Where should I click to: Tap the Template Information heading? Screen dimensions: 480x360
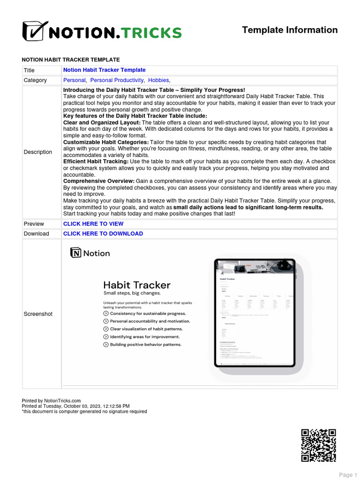tap(289, 30)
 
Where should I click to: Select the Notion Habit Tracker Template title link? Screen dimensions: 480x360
tap(104, 70)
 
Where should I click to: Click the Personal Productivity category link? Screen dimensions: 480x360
tap(117, 80)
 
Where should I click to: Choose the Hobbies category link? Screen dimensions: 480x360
tap(158, 80)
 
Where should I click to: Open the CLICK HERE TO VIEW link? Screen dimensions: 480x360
tap(93, 224)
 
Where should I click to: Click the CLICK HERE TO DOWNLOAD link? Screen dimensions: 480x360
tap(103, 233)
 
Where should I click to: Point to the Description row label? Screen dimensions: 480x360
tap(38, 152)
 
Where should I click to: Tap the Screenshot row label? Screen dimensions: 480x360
tap(38, 314)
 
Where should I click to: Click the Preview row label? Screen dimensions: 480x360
tap(34, 224)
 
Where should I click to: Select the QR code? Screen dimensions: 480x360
tap(318, 445)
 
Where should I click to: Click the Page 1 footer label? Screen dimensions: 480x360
tap(348, 475)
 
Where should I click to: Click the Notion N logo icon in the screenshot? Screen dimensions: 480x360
tap(75, 253)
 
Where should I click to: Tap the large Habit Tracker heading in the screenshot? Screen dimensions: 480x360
tap(136, 285)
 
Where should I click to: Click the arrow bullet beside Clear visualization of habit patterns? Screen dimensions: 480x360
tap(106, 329)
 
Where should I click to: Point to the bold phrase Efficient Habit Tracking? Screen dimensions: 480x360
tap(96, 161)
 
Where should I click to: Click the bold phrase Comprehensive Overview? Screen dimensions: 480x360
tap(99, 181)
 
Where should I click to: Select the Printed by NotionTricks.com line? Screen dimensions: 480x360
tap(52, 401)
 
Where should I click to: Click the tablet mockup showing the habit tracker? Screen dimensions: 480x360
tap(255, 313)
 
